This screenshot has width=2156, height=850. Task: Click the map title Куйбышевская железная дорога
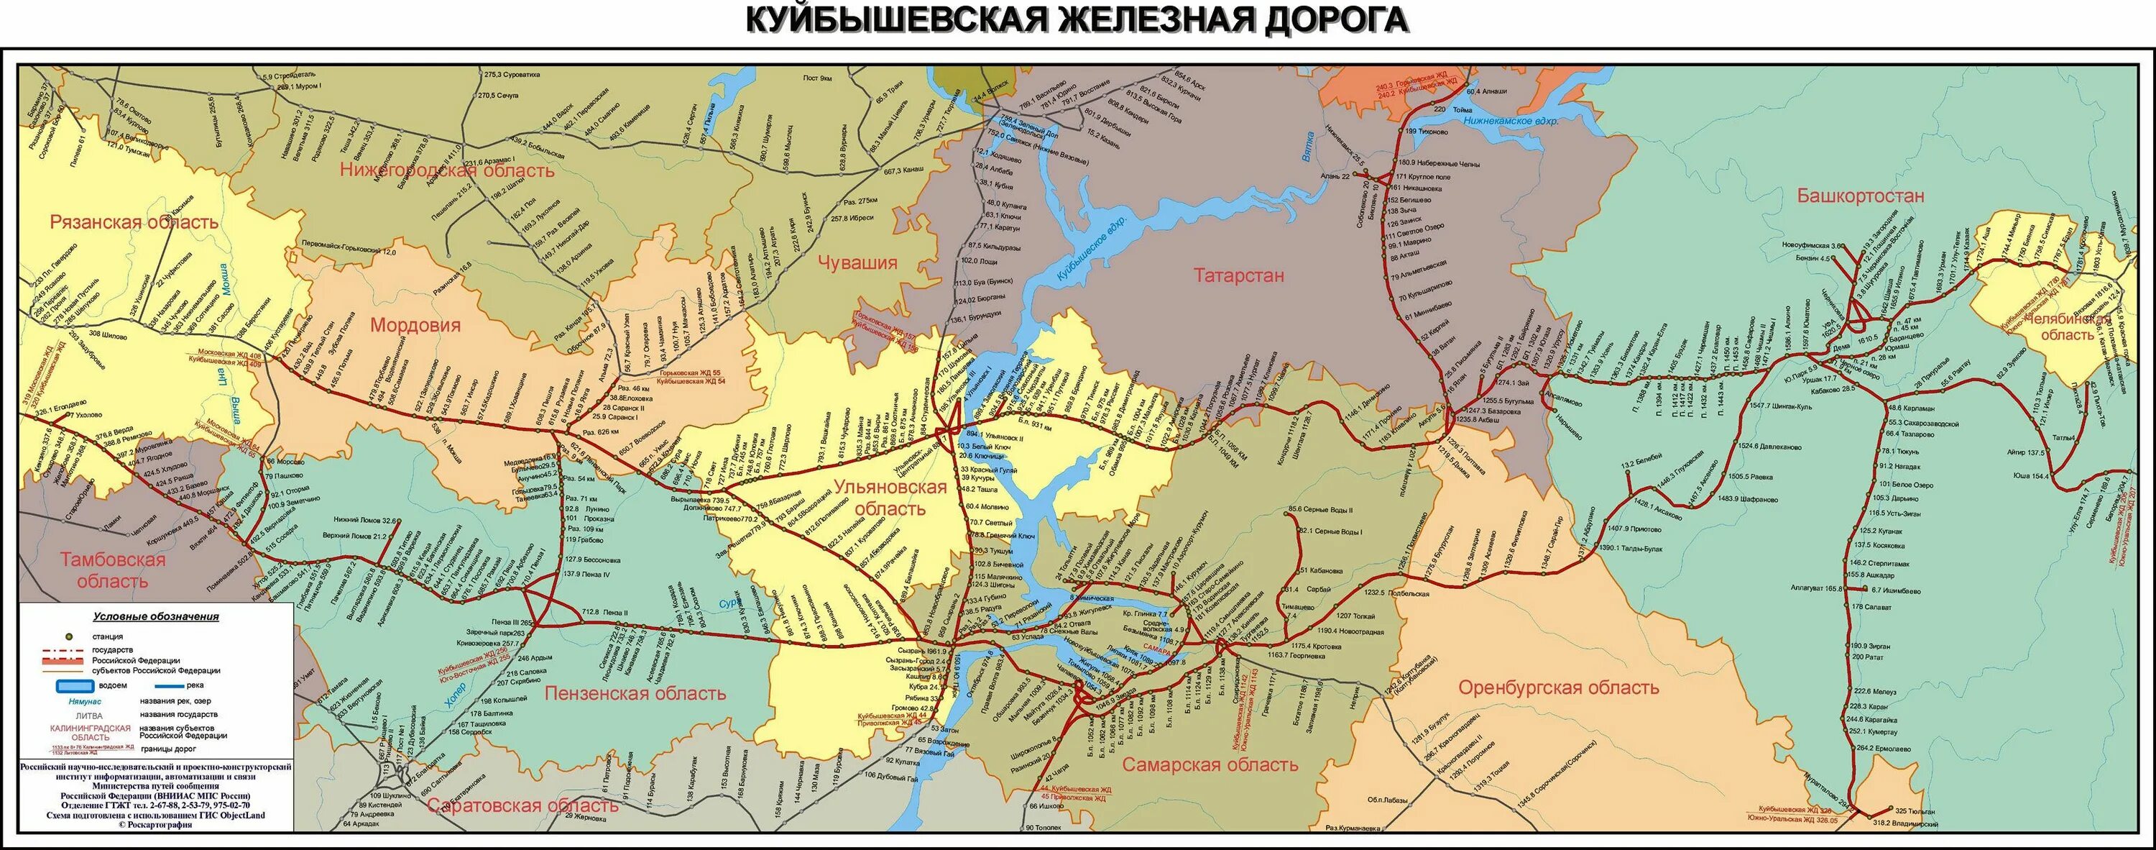click(1077, 20)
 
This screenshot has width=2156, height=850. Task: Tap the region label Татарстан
click(1239, 275)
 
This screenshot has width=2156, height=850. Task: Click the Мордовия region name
click(415, 325)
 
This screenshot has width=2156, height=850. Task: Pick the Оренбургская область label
click(1558, 687)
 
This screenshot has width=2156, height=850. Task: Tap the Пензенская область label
click(635, 693)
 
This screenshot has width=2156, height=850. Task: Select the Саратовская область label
click(522, 805)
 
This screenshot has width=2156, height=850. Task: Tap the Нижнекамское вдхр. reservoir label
click(1510, 122)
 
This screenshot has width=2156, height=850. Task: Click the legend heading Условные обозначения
click(156, 616)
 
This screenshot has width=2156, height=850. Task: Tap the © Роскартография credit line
click(156, 825)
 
